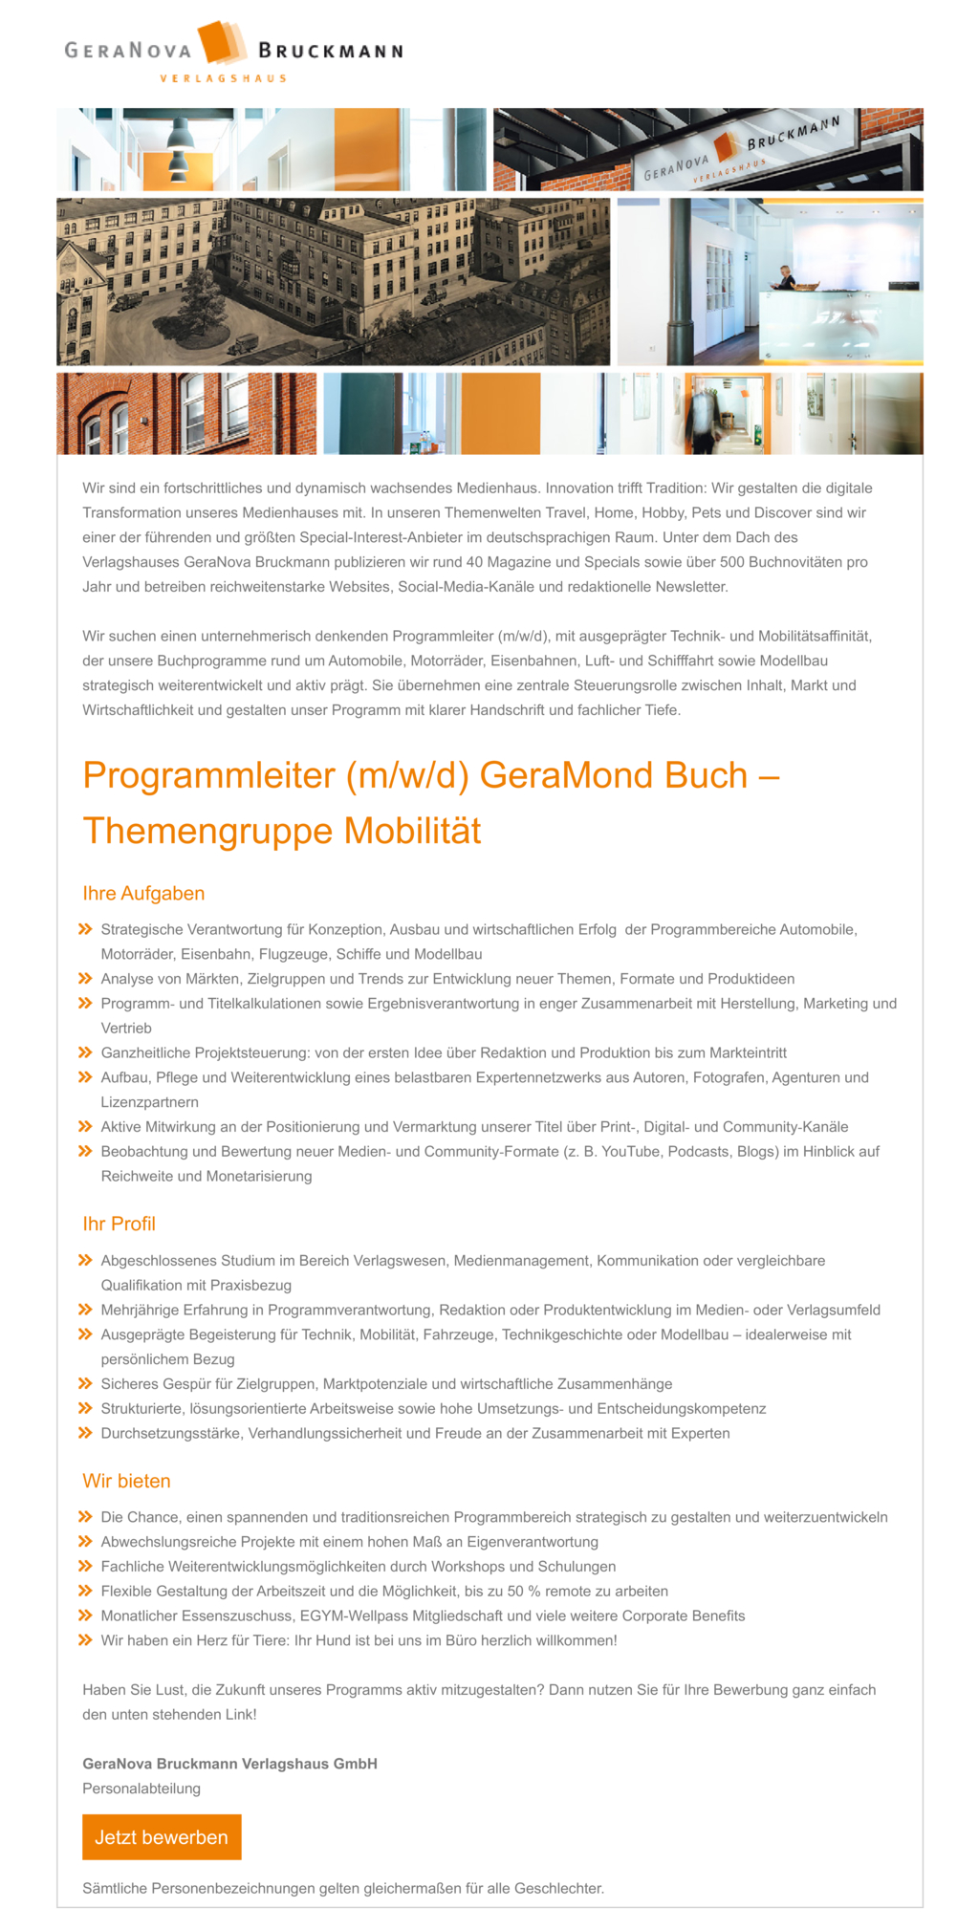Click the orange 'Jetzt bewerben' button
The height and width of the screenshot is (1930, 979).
(162, 1836)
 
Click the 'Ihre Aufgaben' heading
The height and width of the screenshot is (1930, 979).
(143, 893)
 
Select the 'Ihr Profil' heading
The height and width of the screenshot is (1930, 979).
(119, 1224)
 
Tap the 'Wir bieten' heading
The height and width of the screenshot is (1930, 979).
(126, 1481)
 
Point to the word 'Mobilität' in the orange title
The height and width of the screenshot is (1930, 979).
(412, 831)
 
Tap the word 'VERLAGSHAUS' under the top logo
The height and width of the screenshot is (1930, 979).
(223, 78)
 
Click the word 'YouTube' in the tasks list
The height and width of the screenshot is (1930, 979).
(631, 1151)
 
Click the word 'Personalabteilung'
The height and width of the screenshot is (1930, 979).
(141, 1788)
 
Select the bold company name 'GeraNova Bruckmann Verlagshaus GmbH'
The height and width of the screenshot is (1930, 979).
(229, 1763)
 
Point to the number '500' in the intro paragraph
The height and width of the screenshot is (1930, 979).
(732, 562)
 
